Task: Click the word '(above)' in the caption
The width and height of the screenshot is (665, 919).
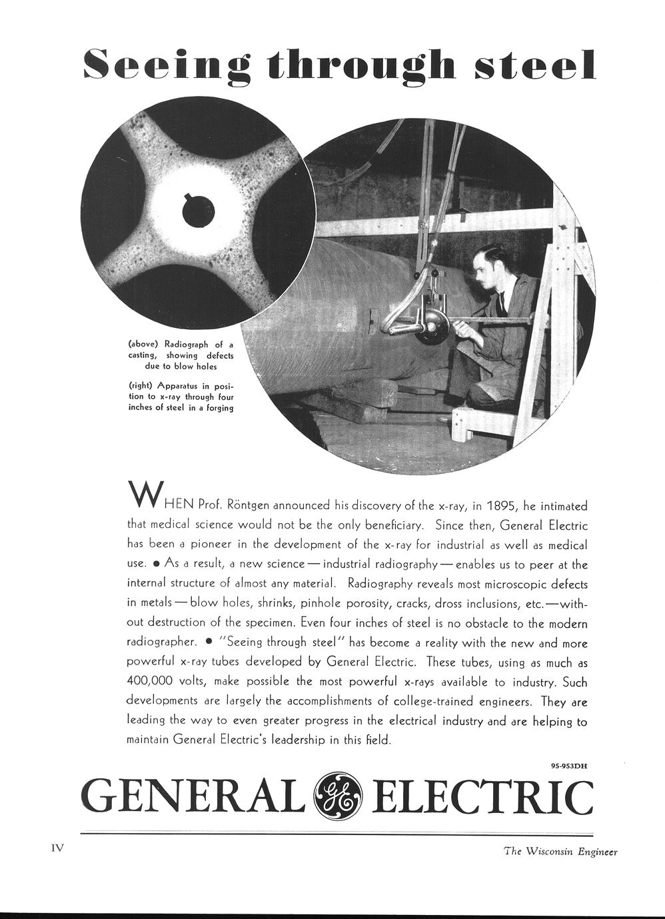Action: (x=143, y=345)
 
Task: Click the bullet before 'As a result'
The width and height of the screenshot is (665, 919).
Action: (x=156, y=564)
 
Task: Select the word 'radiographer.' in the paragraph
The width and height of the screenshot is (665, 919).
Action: (x=162, y=642)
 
